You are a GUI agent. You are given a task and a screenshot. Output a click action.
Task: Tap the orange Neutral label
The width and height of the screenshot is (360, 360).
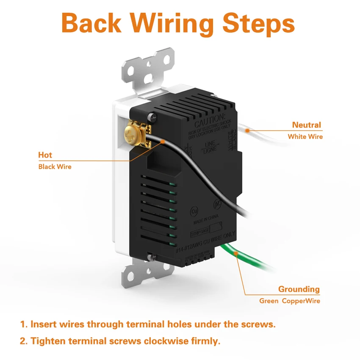[307, 125]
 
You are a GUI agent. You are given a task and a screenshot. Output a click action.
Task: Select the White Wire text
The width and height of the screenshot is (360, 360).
[305, 137]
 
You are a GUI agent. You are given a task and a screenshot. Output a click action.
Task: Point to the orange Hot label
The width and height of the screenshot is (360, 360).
[45, 155]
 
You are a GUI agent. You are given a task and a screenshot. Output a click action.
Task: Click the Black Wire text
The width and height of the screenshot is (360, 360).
[55, 167]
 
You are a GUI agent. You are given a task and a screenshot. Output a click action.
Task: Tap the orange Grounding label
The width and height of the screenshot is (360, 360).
[299, 289]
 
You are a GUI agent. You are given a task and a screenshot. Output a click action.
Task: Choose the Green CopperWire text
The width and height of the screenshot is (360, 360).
[290, 301]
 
